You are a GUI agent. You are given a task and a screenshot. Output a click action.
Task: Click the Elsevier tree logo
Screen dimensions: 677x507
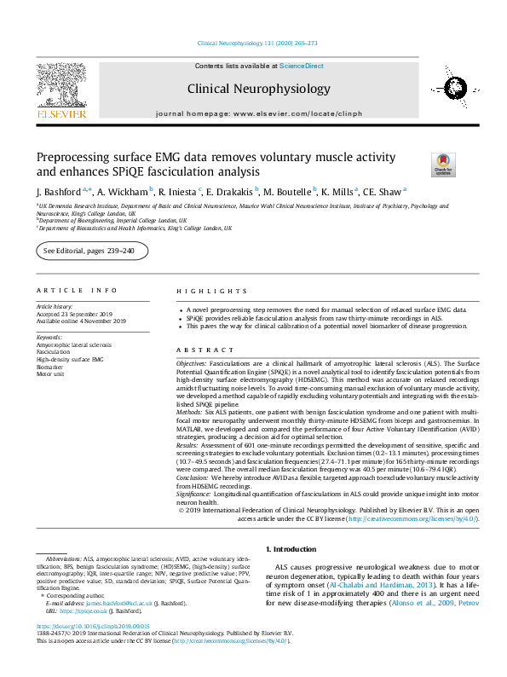(x=60, y=83)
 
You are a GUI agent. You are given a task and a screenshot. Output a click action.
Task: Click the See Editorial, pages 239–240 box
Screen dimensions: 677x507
(x=92, y=251)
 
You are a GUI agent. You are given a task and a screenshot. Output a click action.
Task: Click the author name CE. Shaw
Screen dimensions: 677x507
(x=384, y=191)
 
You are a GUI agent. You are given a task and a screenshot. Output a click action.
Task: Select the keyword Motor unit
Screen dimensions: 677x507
(x=51, y=373)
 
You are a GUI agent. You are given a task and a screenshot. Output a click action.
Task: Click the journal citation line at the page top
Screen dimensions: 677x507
(x=256, y=42)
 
